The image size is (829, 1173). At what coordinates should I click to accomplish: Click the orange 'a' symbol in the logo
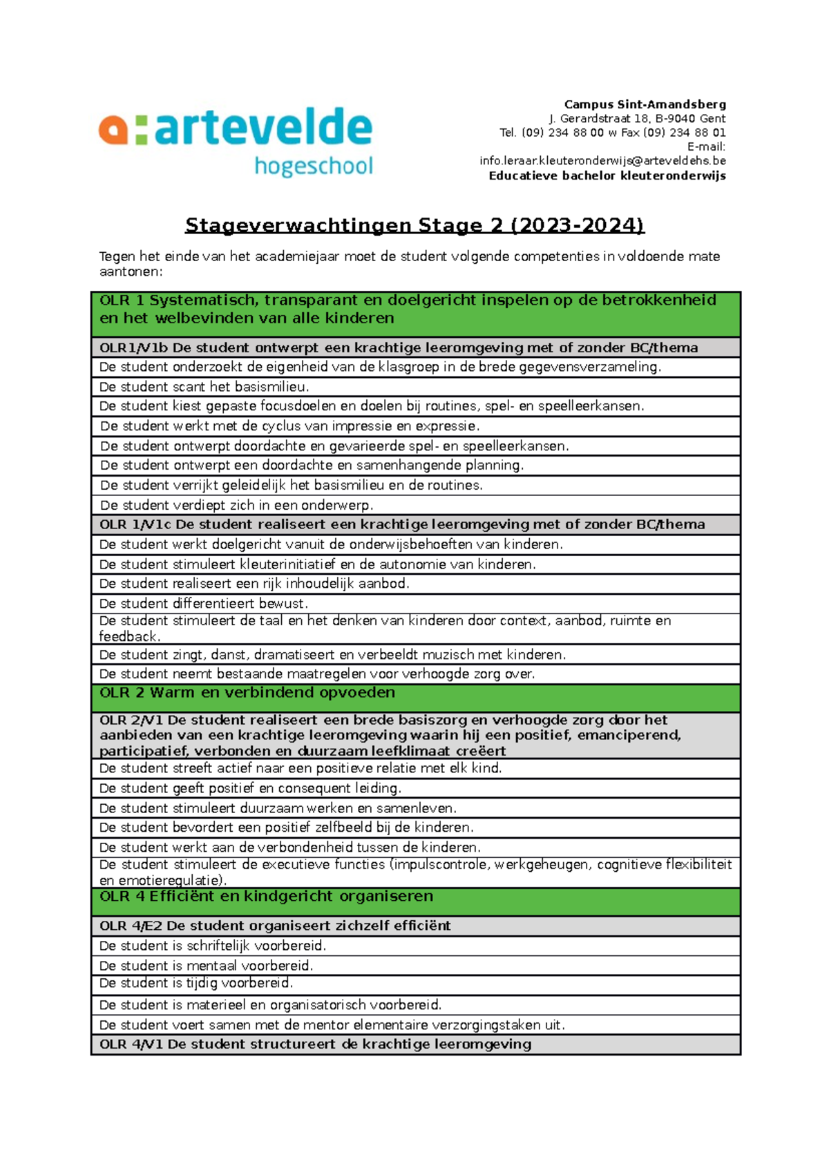113,130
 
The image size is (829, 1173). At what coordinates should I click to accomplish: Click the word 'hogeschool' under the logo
314,166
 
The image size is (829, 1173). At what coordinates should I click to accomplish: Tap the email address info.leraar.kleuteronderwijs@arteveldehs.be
602,160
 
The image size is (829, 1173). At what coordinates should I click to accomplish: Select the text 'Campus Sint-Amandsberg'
645,104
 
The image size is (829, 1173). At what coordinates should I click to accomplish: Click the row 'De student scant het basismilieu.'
204,387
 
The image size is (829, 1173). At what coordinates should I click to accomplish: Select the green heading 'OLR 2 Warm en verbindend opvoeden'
247,693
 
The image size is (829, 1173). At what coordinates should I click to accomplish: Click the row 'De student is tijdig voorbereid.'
196,983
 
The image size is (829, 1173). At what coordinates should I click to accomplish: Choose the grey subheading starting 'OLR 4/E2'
275,926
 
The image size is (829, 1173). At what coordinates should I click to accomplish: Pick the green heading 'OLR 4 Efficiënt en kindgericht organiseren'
266,897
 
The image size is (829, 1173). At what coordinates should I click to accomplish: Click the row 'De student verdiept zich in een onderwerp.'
236,505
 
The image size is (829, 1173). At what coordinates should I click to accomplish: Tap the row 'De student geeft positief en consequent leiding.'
250,788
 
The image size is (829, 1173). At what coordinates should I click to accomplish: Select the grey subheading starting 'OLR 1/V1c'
401,524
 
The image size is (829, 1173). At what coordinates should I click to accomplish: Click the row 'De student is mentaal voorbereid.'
206,966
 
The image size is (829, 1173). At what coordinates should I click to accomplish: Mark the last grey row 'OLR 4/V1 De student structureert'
315,1045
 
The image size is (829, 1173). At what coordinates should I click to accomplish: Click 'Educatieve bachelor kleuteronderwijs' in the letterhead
607,175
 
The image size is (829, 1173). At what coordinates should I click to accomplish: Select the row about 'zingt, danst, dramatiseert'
332,654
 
